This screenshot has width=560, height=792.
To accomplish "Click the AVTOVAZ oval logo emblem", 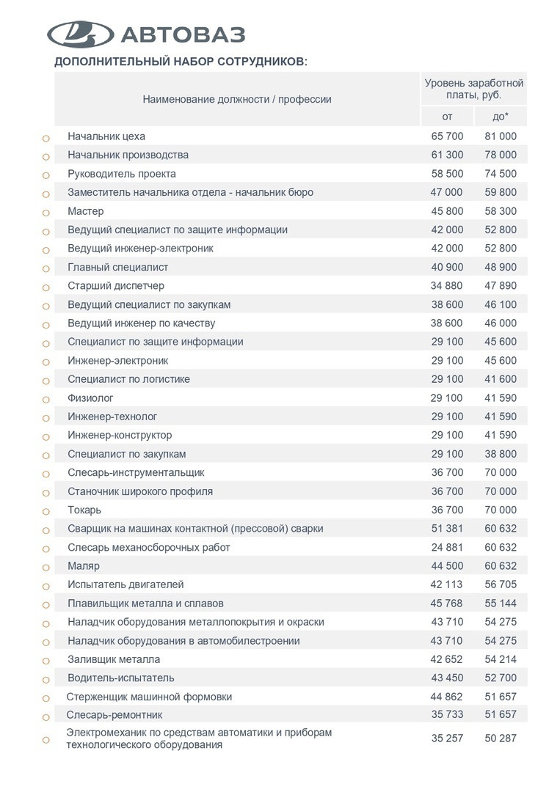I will [x=80, y=34].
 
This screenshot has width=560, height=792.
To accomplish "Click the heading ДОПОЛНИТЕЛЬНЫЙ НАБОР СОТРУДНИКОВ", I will [x=181, y=62].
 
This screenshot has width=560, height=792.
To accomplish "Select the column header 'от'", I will [x=447, y=117].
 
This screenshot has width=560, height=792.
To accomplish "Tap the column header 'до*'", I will [x=501, y=117].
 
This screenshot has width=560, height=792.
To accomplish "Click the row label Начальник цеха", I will [x=106, y=136].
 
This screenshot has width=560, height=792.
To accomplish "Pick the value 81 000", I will [x=501, y=136].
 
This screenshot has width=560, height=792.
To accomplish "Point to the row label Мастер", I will [x=86, y=211].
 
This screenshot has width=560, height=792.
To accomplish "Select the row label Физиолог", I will [x=90, y=398].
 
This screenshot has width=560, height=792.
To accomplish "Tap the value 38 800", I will [x=501, y=454].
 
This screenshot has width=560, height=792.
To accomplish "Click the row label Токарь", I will [x=84, y=510].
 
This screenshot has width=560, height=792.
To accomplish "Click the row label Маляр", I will [x=84, y=566].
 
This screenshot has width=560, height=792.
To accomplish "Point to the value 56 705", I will [x=501, y=584].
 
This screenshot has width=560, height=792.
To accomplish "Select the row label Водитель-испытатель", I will [x=121, y=678].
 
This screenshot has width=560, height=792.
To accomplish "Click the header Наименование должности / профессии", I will [x=237, y=99].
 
